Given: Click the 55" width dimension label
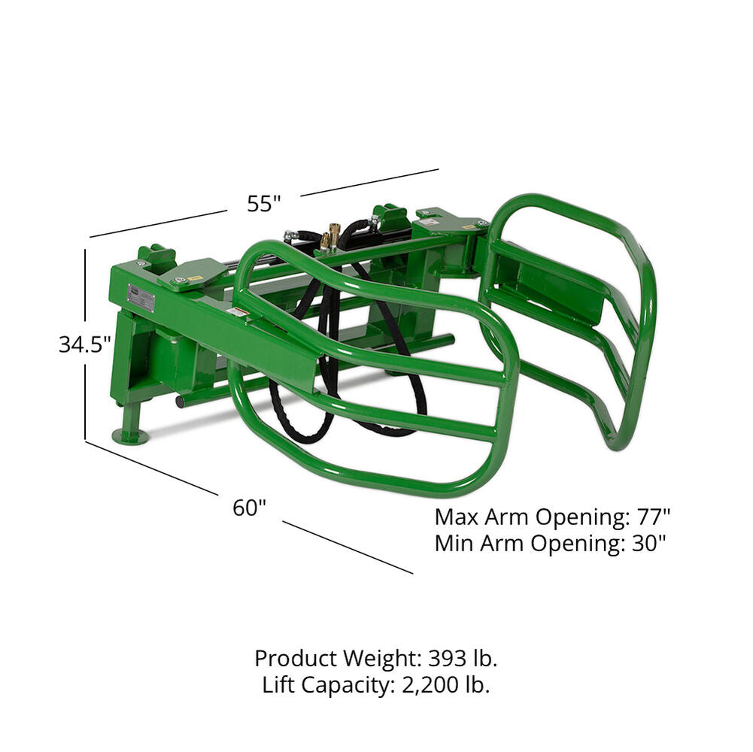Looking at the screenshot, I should [x=264, y=204].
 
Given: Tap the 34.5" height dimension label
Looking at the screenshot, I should [x=85, y=344].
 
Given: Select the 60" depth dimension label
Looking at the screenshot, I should [x=250, y=508].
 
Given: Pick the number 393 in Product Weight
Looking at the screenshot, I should [x=447, y=659].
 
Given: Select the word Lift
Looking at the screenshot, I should [x=280, y=685].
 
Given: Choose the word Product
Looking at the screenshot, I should [x=296, y=659].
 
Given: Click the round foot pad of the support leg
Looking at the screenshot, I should [x=130, y=435].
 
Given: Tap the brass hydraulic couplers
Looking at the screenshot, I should [x=330, y=235].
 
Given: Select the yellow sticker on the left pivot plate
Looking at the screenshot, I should [x=196, y=278].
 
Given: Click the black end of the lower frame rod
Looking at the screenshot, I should [x=181, y=403].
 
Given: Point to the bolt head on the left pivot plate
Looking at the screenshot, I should [x=178, y=281].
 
